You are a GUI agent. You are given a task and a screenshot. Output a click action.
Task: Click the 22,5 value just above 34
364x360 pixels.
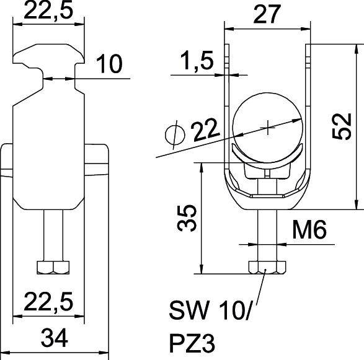pos(48,302)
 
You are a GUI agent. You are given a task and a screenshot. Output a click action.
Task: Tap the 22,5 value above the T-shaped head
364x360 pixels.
pos(48,11)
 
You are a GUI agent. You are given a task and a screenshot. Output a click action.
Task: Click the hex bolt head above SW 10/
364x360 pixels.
pos(266,268)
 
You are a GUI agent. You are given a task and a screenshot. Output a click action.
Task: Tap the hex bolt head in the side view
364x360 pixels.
pos(54,268)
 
